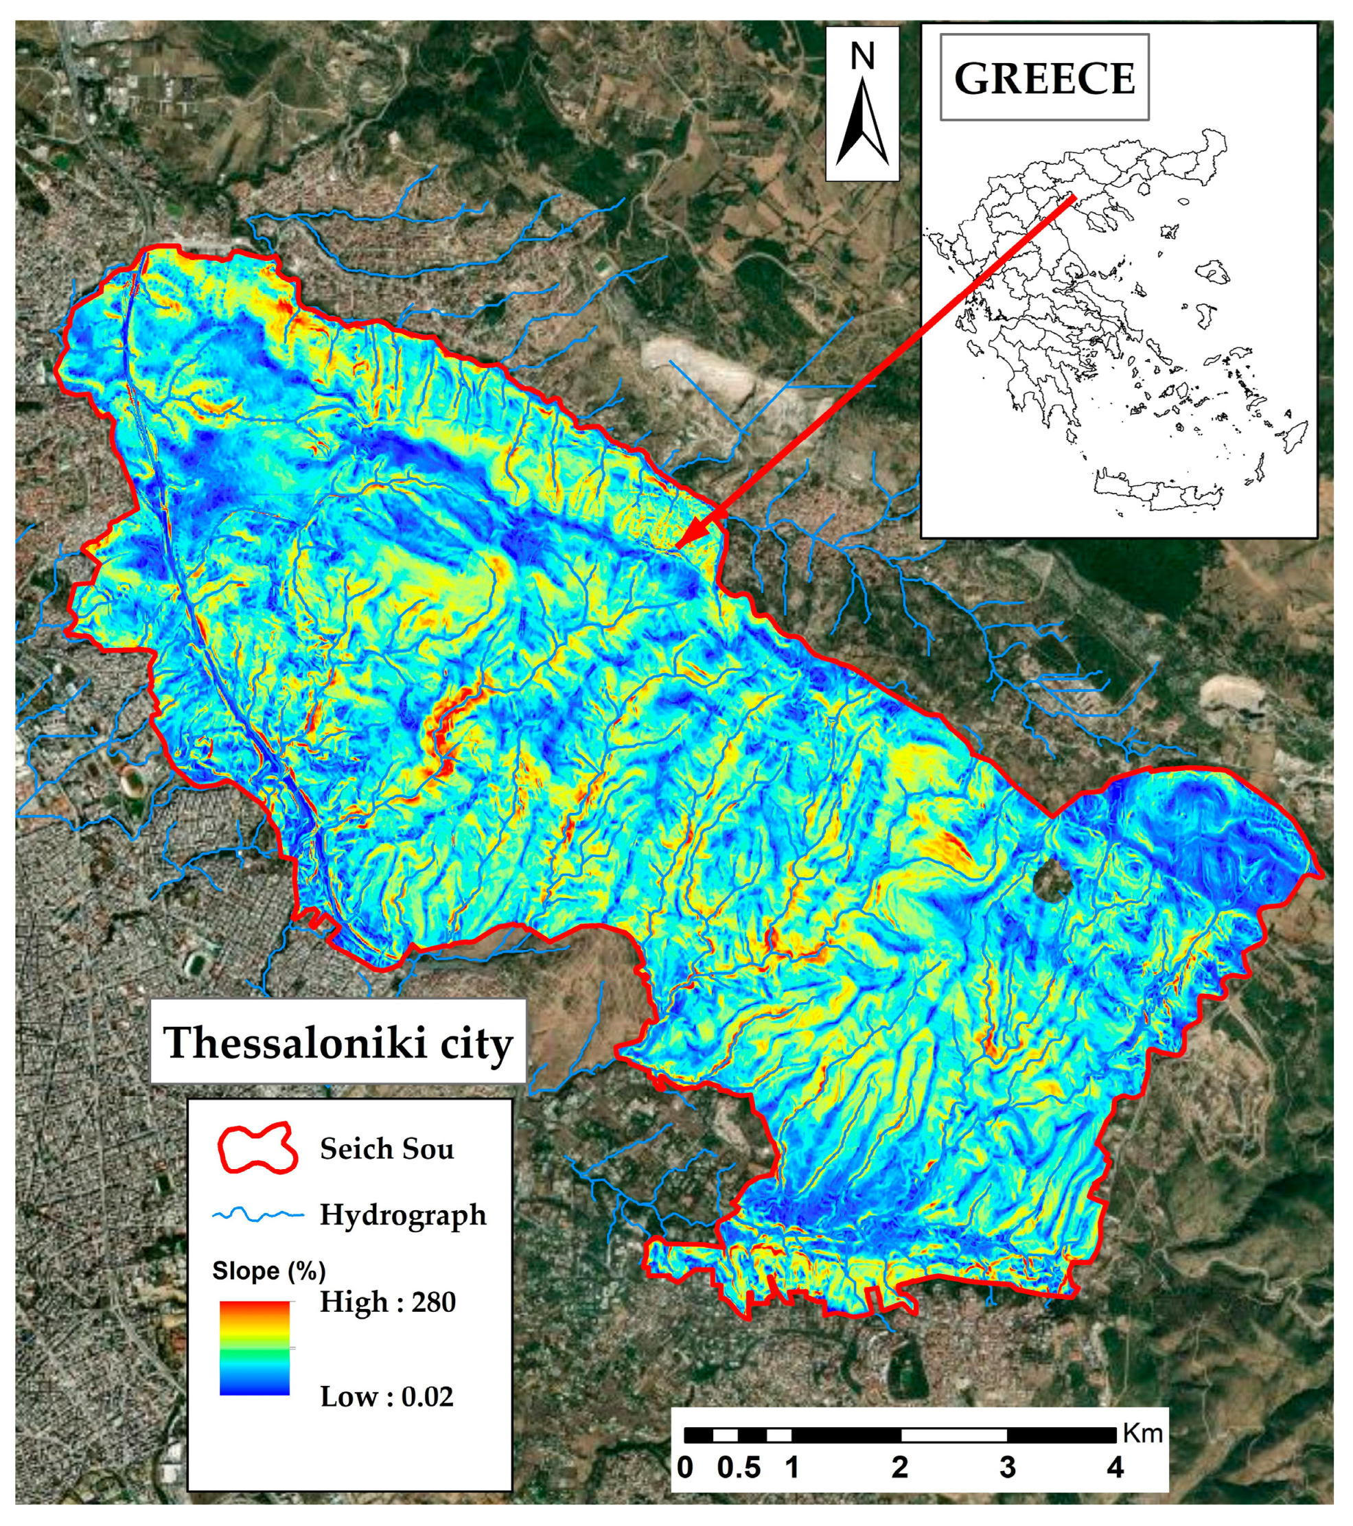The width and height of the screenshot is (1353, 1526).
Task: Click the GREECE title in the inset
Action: click(x=1044, y=78)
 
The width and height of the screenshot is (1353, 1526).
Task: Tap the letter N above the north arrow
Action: click(x=862, y=57)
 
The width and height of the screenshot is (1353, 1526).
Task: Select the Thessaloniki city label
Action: click(x=338, y=1042)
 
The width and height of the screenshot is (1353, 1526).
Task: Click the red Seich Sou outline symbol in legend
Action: click(x=257, y=1148)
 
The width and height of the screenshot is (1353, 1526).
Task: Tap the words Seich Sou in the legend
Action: click(x=386, y=1148)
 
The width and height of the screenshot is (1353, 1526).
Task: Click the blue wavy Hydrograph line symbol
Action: click(x=257, y=1214)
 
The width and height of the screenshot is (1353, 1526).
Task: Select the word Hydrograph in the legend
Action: click(x=403, y=1214)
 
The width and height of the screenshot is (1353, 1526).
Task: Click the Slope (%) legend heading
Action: click(x=269, y=1271)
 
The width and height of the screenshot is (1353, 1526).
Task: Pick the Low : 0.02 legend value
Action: click(x=386, y=1397)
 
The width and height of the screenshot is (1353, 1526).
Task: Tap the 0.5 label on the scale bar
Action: click(x=739, y=1468)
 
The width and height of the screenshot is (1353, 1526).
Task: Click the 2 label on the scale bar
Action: click(x=900, y=1468)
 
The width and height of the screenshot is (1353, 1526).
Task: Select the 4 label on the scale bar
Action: click(x=1115, y=1468)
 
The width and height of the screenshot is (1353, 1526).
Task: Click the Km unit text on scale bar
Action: click(x=1142, y=1433)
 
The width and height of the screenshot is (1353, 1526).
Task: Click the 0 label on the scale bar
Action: click(x=684, y=1468)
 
